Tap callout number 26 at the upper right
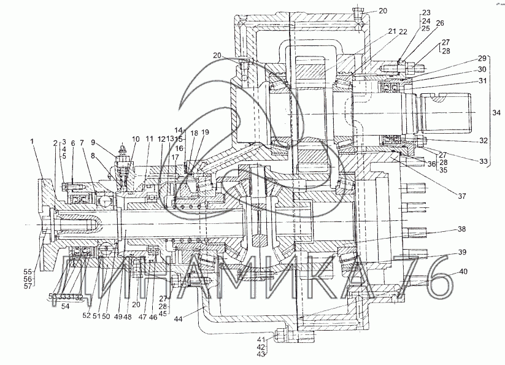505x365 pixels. pos(439,23)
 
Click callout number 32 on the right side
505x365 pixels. pos(484,140)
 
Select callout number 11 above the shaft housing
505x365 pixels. pos(149,140)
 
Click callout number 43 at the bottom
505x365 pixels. pos(261,355)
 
